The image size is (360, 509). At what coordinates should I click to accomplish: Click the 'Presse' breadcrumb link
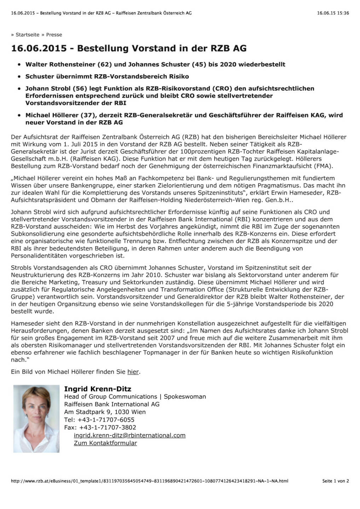tap(54, 35)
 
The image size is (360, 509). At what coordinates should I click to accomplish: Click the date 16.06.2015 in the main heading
tap(39, 48)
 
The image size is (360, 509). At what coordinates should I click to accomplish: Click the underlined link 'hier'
tap(133, 371)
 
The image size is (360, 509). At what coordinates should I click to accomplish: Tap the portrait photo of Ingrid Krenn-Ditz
tap(36, 419)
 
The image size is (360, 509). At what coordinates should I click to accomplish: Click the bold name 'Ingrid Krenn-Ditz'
tap(98, 389)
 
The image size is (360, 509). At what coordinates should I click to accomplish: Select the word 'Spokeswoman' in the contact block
tap(185, 397)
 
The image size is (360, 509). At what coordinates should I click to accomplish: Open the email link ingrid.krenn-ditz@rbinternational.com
tap(129, 435)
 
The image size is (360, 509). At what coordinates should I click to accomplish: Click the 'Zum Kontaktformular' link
tap(105, 443)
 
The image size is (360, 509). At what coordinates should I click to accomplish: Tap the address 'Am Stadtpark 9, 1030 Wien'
tap(105, 412)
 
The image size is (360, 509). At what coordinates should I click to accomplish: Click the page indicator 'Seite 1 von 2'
tap(335, 481)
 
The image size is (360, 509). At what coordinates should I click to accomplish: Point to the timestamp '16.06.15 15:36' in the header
tap(333, 13)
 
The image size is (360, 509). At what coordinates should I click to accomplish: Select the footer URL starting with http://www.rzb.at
tap(149, 481)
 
